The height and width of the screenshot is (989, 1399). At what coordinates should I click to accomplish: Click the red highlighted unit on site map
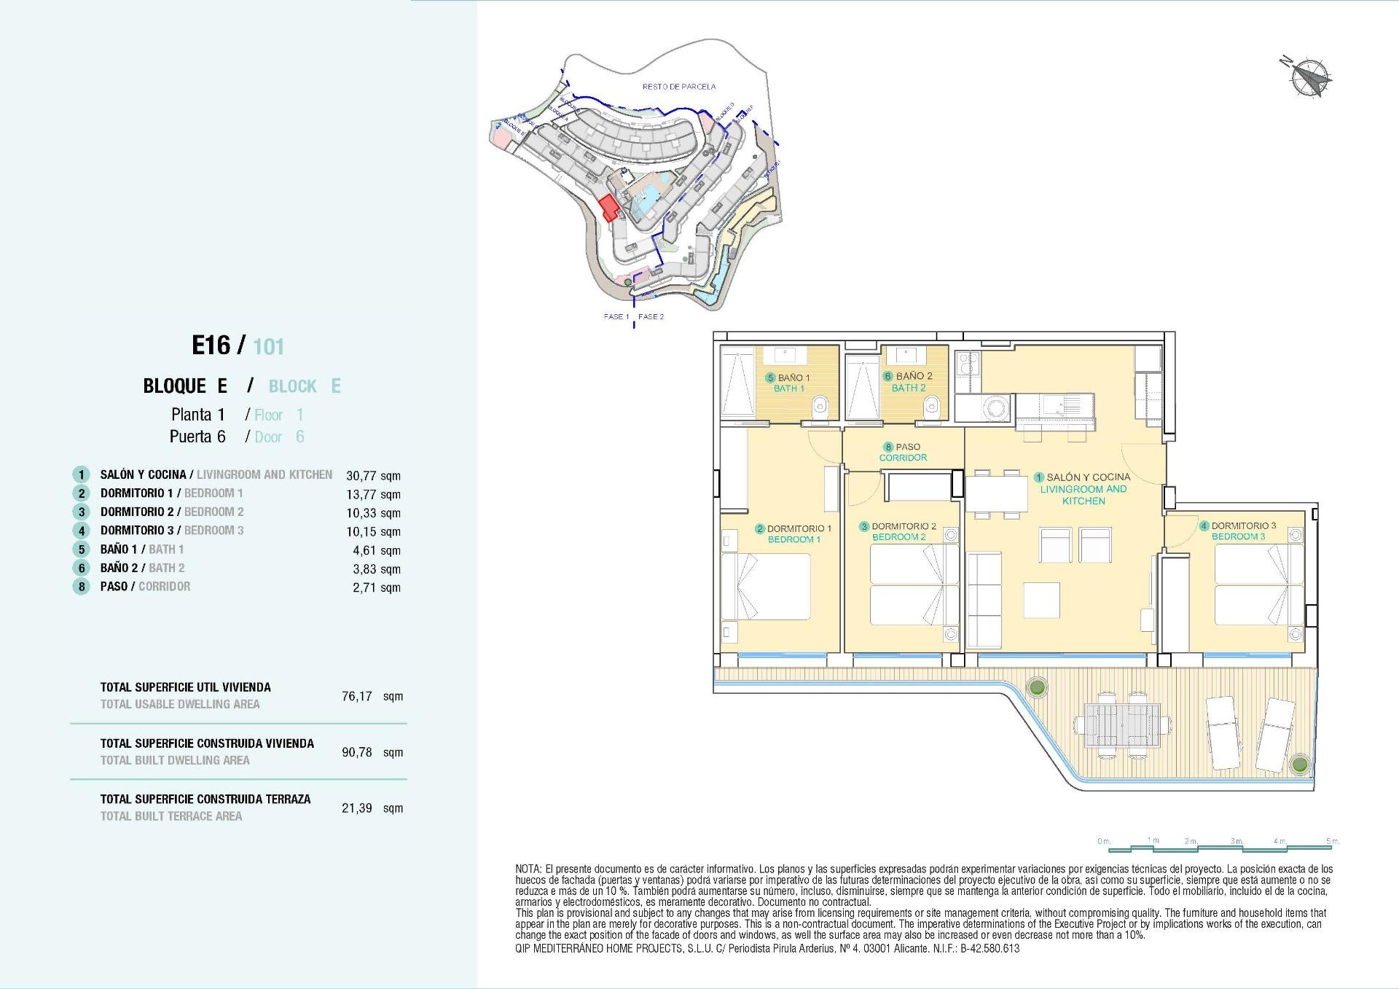tap(608, 208)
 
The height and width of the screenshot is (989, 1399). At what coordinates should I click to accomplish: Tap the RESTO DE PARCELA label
tap(678, 87)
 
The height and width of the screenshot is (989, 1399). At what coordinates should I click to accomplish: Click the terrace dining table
tap(1122, 725)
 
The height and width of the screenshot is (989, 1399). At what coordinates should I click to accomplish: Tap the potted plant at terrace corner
tap(1298, 765)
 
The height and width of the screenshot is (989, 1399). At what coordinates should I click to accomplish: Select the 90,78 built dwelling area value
tap(357, 752)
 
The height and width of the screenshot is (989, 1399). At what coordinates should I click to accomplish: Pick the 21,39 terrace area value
tap(357, 808)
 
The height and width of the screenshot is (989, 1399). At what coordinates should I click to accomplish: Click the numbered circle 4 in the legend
tap(81, 531)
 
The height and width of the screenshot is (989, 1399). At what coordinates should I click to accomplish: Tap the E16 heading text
tap(211, 345)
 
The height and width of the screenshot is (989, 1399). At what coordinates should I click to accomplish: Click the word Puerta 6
tap(197, 437)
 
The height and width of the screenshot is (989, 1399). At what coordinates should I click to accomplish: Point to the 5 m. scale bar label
tap(1332, 841)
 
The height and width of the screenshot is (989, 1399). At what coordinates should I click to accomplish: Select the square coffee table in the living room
tap(1042, 600)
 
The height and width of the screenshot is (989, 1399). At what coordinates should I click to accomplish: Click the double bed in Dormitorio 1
tap(765, 587)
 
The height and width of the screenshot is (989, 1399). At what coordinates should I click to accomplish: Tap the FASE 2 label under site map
tap(651, 316)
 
